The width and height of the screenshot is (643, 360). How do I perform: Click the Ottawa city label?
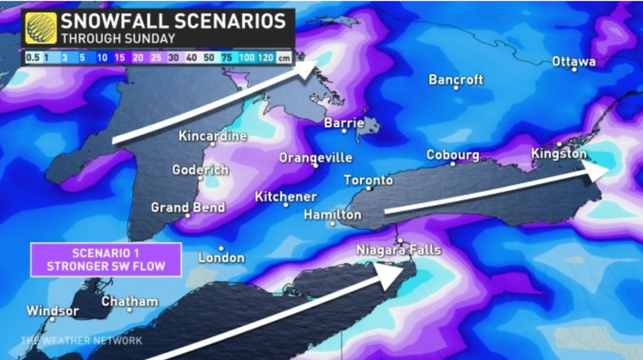pos(573,62)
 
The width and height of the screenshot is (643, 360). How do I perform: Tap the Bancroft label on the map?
pos(456,79)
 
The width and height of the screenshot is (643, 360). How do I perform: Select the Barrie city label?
pos(344,123)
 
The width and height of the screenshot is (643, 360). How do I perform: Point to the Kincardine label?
pos(213,136)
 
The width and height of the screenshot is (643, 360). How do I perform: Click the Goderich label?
pos(200,170)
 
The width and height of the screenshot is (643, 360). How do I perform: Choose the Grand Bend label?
pos(188,207)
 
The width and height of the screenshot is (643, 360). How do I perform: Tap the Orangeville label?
pos(316,158)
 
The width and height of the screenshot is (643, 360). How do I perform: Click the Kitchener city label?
pos(285,196)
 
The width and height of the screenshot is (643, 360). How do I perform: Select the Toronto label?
pos(368,180)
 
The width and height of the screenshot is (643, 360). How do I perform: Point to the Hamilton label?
pos(333,214)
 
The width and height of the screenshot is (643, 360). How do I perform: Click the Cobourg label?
pos(453,155)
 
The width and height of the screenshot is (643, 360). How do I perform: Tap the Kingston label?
pos(558,153)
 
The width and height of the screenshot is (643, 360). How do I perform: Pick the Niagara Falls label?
pos(399,250)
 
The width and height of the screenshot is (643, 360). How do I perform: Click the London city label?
pos(222,257)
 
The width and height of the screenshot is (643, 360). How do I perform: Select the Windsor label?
pos(52,311)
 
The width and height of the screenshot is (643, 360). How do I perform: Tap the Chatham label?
pos(130,302)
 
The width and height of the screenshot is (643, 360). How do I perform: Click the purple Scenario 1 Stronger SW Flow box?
pos(105,259)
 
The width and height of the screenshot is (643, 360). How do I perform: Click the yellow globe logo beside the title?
pos(41,28)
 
